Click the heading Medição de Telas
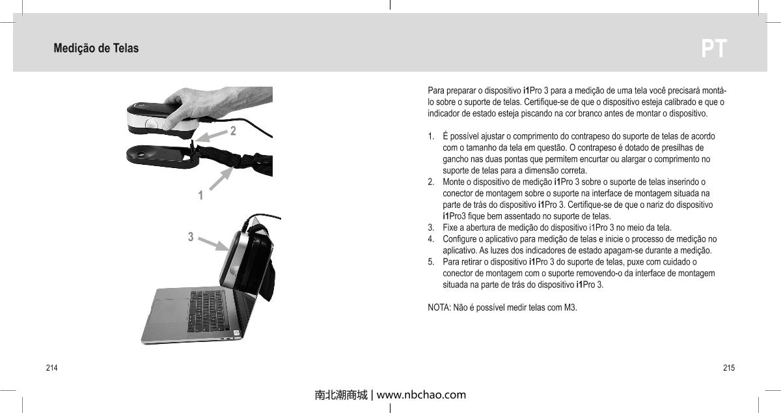tap(96, 49)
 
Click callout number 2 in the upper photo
tap(232, 131)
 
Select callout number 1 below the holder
tap(201, 195)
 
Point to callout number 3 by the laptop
tap(191, 237)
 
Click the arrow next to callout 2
tap(210, 135)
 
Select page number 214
tap(51, 369)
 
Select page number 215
tap(729, 369)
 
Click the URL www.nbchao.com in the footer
tap(421, 395)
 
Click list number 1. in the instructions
tap(432, 137)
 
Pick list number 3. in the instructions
tap(432, 227)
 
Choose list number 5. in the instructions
tap(432, 262)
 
